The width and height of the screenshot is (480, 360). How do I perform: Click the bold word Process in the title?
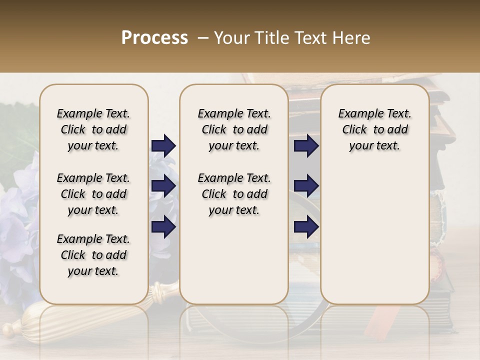coord(154,38)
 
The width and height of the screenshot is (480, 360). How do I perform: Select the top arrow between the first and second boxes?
coord(163,146)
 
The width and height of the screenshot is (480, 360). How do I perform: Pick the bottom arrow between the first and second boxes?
coord(163,227)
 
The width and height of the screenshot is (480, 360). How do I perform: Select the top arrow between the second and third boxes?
coord(306,146)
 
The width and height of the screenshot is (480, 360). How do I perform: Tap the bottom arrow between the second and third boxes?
coord(306,227)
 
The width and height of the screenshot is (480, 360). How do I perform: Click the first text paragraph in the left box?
coord(93,129)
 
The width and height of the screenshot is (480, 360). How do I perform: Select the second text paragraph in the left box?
coord(93,194)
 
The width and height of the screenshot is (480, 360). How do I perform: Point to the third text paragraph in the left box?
coord(93,255)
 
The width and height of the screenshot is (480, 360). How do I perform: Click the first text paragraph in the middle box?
coord(234,129)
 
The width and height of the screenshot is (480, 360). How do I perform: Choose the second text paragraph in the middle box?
coord(234,194)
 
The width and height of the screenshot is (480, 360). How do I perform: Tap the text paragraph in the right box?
coord(374,129)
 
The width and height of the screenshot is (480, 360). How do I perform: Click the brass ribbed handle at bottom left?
coord(25,325)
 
